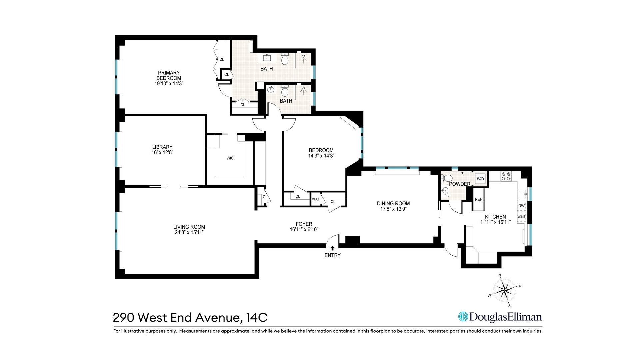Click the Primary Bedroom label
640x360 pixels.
pyautogui.click(x=169, y=75)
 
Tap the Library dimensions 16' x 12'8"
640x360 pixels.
pyautogui.click(x=162, y=153)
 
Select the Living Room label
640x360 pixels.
pyautogui.click(x=189, y=227)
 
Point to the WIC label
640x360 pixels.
pyautogui.click(x=230, y=158)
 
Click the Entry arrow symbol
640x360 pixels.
pyautogui.click(x=332, y=248)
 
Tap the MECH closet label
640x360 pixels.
pyautogui.click(x=316, y=199)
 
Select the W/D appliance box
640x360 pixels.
pyautogui.click(x=480, y=179)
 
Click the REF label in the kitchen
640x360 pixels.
pyautogui.click(x=478, y=199)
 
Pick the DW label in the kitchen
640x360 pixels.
pyautogui.click(x=521, y=206)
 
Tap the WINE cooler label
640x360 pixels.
pyautogui.click(x=521, y=217)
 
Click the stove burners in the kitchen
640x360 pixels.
pyautogui.click(x=506, y=176)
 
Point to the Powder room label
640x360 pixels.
pyautogui.click(x=460, y=184)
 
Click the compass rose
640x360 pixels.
pyautogui.click(x=504, y=290)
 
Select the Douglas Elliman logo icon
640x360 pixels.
pyautogui.click(x=463, y=317)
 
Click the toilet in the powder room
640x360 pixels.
pyautogui.click(x=447, y=178)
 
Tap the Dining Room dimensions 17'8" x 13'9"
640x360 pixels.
pyautogui.click(x=393, y=209)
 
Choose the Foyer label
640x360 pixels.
pyautogui.click(x=304, y=224)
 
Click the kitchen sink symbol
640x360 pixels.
pyautogui.click(x=522, y=193)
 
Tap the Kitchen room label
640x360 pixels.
pyautogui.click(x=495, y=217)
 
